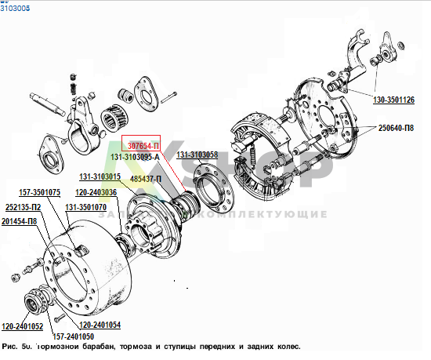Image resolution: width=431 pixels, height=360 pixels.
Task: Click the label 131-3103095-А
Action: tap(135, 157)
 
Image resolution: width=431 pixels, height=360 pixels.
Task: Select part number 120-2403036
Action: tap(96, 192)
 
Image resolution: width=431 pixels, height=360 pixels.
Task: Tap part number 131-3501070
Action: tap(85, 208)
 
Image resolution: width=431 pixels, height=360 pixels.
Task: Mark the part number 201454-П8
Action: tap(20, 221)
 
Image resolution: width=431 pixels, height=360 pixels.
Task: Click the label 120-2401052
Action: tap(22, 325)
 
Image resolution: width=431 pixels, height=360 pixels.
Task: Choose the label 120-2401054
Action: tap(100, 325)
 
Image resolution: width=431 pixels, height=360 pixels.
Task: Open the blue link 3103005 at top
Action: tap(15, 6)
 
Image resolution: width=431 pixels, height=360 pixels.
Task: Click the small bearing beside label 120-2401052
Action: tap(38, 301)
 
